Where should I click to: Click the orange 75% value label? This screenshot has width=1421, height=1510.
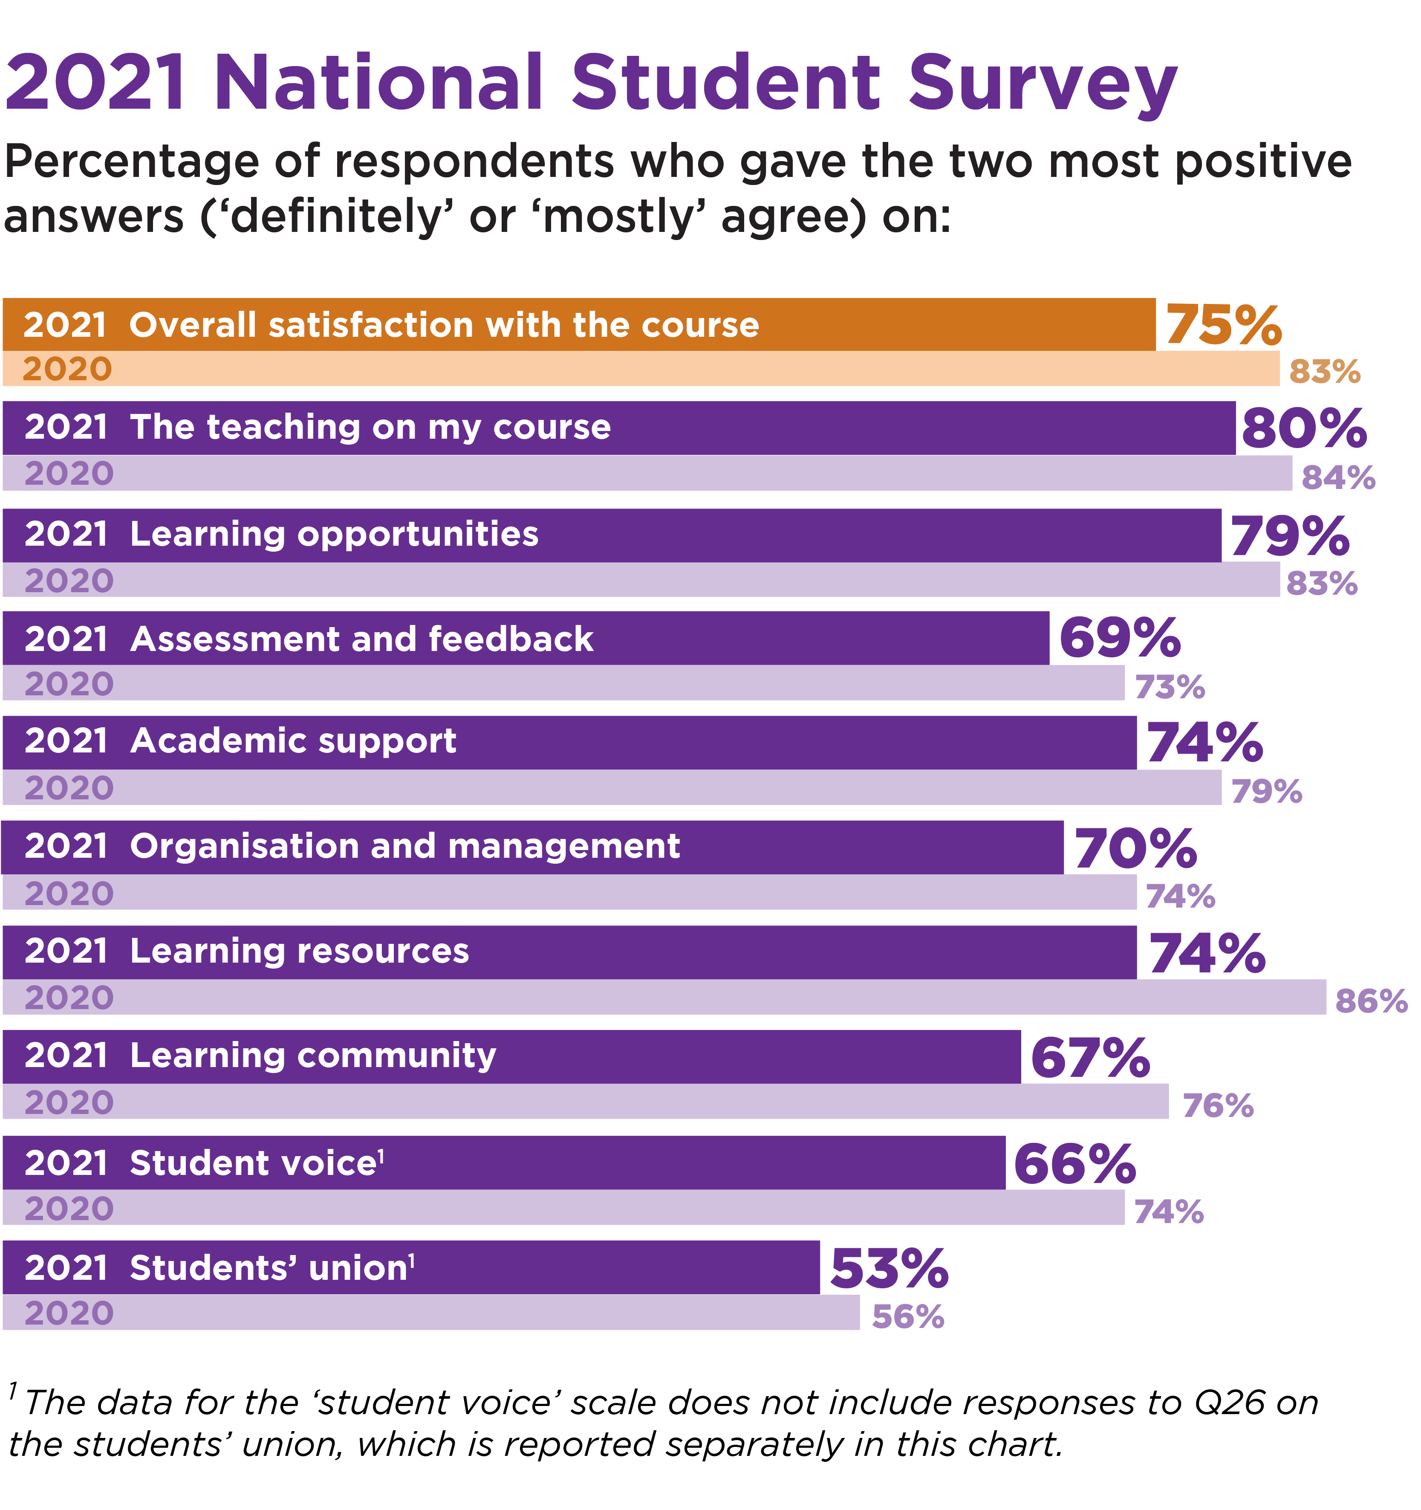(x=1223, y=325)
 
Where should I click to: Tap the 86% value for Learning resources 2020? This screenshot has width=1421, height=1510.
(x=1371, y=1001)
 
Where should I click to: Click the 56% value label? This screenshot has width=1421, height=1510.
(x=907, y=1316)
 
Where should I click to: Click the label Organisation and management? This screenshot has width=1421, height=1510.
(x=405, y=846)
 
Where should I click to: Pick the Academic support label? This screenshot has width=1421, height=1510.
(x=293, y=741)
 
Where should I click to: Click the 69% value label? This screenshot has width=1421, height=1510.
(x=1120, y=638)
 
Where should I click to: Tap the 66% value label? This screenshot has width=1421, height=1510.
(x=1074, y=1164)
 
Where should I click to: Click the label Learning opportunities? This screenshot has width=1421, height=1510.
(x=334, y=534)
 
